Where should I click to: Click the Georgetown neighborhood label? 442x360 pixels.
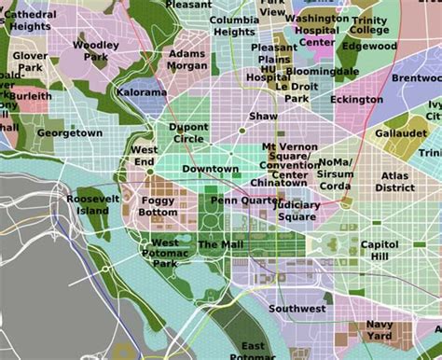[x=69, y=133]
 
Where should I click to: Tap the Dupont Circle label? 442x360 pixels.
[x=187, y=132]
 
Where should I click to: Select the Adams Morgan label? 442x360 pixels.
[x=187, y=61]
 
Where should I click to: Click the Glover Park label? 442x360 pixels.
[x=31, y=62]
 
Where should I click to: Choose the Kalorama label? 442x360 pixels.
[x=142, y=93]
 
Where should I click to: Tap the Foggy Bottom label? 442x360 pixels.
[x=158, y=206]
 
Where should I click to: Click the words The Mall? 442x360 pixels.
[x=220, y=244]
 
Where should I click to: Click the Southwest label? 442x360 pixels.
[x=297, y=308]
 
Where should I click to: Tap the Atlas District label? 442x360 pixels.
[x=394, y=181]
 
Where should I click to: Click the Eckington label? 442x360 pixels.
[x=356, y=100]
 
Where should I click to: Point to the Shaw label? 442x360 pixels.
[x=263, y=117]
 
